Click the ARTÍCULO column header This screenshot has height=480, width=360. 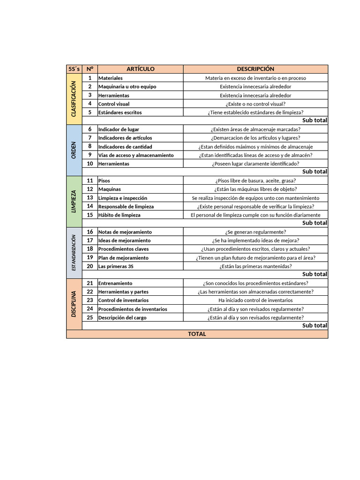[140, 69]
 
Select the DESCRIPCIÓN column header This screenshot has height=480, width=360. [255, 69]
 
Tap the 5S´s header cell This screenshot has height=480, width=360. [74, 69]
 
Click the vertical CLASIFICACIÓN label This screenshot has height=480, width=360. [74, 99]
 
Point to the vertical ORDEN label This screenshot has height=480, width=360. [74, 150]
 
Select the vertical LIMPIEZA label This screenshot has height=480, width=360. [74, 202]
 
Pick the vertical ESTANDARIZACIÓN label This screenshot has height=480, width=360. [74, 253]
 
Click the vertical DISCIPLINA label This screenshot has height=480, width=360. [74, 304]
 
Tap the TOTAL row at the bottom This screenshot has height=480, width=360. [197, 334]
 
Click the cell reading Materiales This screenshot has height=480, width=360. [111, 78]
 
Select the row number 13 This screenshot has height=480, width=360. [90, 198]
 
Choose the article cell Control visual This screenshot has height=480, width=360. [114, 104]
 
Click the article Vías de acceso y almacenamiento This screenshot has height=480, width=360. [136, 155]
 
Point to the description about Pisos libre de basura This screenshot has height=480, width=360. [255, 181]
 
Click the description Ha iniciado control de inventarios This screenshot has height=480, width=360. [255, 300]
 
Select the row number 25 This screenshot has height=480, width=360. [90, 317]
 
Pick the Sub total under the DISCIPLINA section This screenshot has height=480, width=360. [315, 325]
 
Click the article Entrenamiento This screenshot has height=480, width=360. [115, 284]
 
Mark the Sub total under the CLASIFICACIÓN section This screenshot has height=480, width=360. [315, 120]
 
